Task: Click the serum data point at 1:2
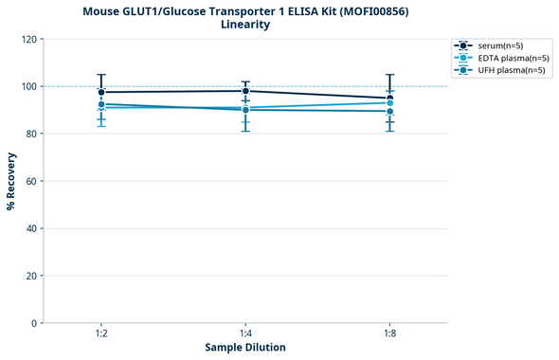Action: pos(101,92)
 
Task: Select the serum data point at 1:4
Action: pos(245,91)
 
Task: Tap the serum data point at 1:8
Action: pos(389,99)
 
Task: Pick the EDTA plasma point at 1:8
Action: pos(389,102)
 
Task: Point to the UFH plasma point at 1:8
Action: pos(389,112)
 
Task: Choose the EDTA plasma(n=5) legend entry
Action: pos(502,58)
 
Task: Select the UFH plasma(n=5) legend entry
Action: pos(501,70)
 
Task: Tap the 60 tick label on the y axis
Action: pos(31,181)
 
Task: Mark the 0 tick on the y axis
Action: pos(34,323)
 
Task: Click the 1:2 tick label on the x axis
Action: pos(101,334)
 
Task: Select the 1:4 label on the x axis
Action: pos(245,334)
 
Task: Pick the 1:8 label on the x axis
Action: pos(389,334)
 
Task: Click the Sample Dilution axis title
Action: pos(245,348)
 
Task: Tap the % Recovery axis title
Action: pos(11,181)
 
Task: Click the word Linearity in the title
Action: pos(244,25)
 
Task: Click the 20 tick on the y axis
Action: pos(31,276)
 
